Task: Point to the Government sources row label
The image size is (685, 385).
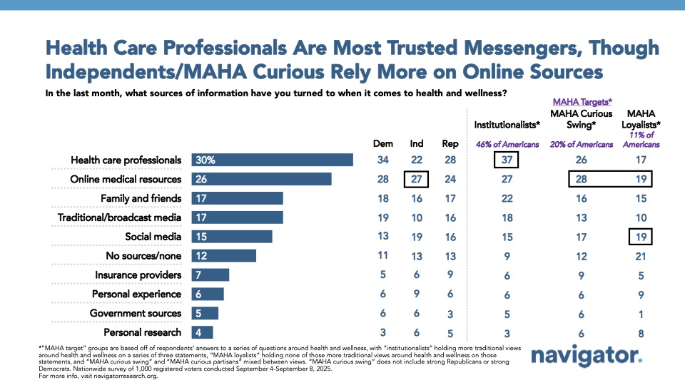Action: (x=136, y=313)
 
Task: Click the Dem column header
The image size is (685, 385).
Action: (x=384, y=143)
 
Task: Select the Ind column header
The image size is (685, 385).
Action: (x=417, y=143)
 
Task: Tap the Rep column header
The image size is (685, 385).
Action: (x=450, y=143)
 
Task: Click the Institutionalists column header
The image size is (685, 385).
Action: (x=507, y=125)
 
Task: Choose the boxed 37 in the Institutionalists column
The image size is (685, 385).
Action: (x=507, y=160)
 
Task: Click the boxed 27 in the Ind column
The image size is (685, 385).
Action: (x=417, y=179)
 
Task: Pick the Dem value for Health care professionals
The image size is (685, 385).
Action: (x=384, y=160)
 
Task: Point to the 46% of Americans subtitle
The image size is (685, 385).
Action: (x=507, y=144)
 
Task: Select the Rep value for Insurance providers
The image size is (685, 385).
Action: (x=450, y=275)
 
